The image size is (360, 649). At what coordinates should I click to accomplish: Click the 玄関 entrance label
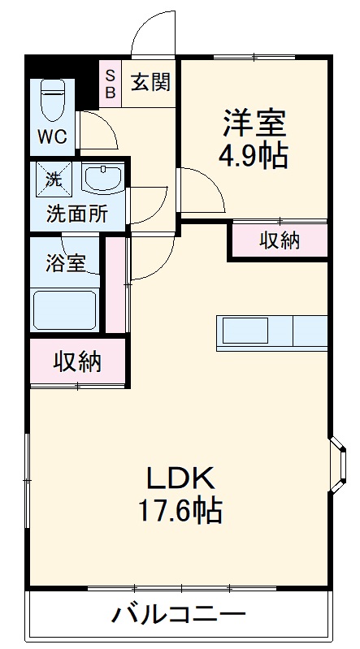coord(151,82)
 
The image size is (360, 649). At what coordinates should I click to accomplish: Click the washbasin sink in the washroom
coord(102,179)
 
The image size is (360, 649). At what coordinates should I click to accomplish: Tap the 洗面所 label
coord(76,214)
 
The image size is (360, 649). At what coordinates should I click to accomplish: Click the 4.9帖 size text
coord(254,155)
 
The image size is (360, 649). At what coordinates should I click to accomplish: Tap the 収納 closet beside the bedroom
coord(279,240)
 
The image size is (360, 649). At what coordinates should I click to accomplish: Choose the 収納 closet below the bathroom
coord(78,361)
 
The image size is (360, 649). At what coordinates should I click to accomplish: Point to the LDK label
coord(180,477)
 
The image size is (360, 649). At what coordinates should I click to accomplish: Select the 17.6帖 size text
coord(180,512)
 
